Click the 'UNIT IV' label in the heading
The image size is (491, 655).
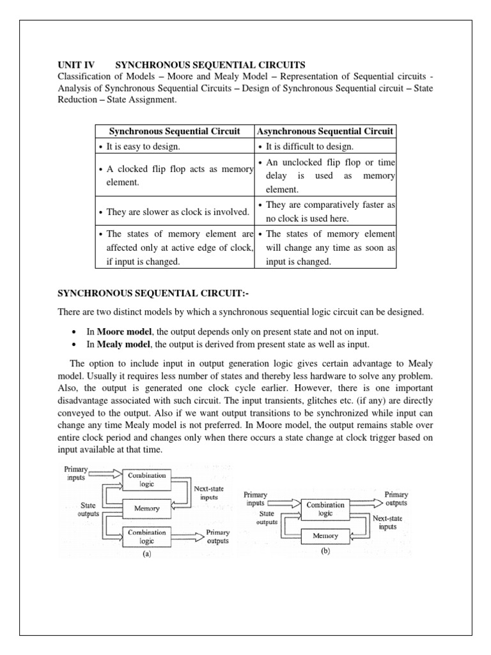76,65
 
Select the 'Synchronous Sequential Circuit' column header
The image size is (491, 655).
175,131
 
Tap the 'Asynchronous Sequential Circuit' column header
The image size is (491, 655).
325,131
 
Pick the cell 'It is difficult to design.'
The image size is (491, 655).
309,146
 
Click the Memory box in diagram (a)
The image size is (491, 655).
147,509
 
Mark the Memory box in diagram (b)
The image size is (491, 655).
325,535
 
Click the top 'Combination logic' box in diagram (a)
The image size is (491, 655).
147,480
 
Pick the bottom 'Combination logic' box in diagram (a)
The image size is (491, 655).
147,536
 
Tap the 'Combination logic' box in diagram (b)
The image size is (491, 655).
325,509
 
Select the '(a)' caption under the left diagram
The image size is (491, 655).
146,555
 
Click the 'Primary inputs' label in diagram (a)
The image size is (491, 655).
77,473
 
